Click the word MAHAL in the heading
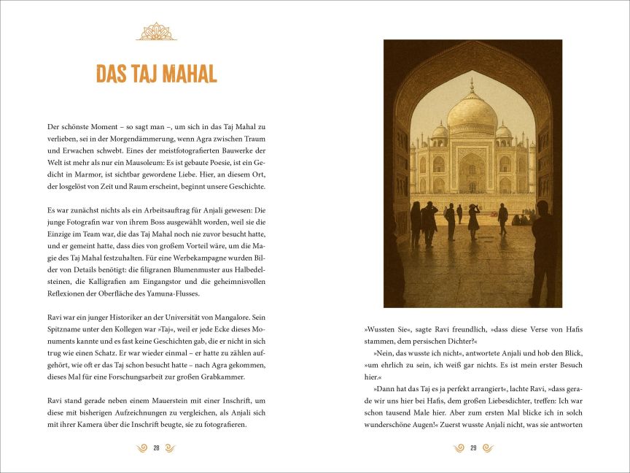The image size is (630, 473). [x=182, y=74]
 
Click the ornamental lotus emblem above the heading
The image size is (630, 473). [x=157, y=31]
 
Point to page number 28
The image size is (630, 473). [x=156, y=448]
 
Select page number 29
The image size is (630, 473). [x=473, y=448]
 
